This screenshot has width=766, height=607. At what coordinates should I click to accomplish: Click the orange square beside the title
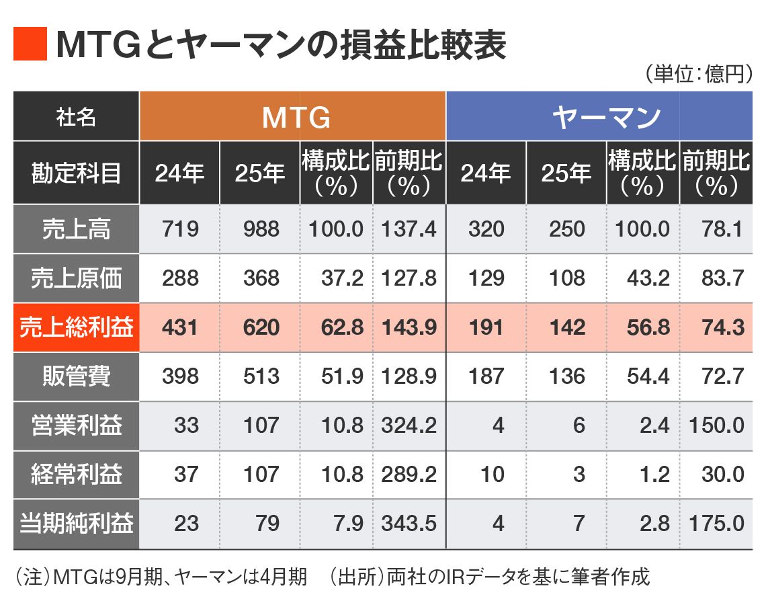click(30, 44)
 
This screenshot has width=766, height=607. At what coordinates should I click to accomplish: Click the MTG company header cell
click(293, 117)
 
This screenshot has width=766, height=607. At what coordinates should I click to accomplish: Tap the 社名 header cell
click(76, 117)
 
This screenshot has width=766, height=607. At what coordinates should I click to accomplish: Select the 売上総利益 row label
click(76, 327)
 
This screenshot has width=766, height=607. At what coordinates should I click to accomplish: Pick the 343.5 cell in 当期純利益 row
click(409, 523)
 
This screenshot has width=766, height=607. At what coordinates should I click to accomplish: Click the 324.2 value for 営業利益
click(409, 426)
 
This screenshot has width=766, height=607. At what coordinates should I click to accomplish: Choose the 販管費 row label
click(76, 376)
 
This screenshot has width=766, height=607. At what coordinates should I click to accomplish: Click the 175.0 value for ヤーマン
click(716, 523)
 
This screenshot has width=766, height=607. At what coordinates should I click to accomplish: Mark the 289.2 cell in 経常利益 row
click(409, 475)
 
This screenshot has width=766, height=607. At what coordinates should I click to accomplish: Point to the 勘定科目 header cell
click(76, 173)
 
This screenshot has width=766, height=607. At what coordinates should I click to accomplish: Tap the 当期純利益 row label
click(76, 523)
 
